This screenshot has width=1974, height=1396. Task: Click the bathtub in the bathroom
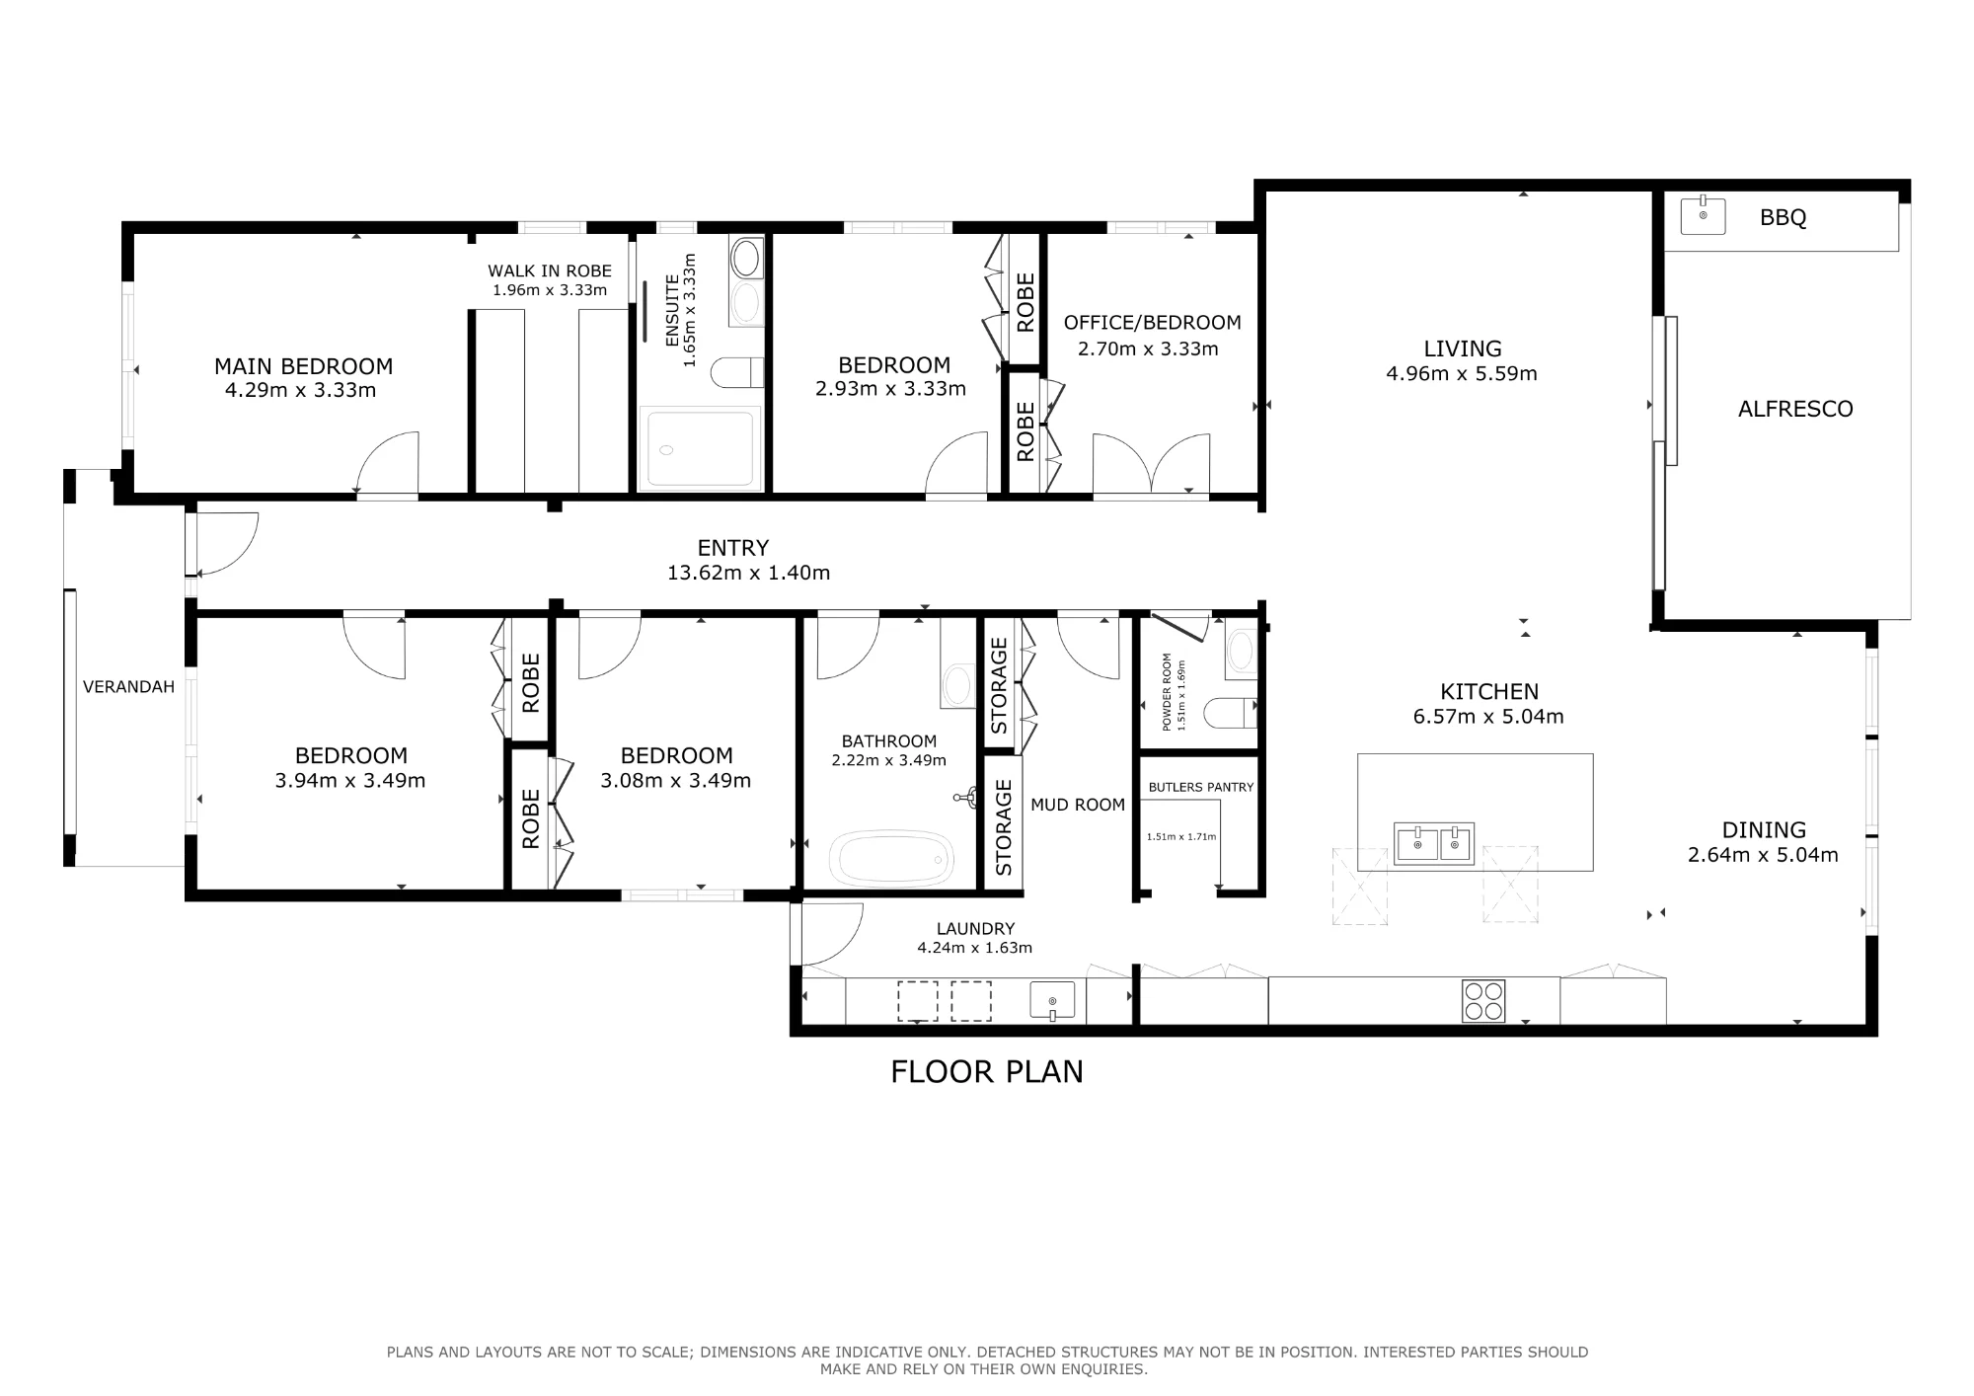coord(891,859)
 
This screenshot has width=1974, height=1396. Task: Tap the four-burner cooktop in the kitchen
coord(1483,1000)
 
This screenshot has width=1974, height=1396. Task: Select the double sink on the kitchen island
coord(1434,843)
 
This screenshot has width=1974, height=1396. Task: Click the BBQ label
coord(1783,217)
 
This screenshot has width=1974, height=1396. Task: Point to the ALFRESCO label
coord(1795,409)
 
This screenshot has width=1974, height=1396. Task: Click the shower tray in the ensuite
coord(701,449)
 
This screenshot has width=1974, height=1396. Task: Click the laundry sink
coord(1053,999)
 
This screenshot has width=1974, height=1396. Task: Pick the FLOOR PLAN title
coord(987,1071)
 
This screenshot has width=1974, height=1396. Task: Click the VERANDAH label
coord(128,687)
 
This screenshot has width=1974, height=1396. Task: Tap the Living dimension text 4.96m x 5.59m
coord(1462,373)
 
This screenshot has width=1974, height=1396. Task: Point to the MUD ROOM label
coord(1078,805)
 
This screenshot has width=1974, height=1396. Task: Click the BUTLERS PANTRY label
coord(1201,787)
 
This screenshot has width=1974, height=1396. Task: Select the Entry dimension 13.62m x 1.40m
coord(748,573)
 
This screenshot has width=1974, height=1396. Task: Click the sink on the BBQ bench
coord(1703,215)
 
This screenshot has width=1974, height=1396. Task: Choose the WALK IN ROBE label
coord(550,271)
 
